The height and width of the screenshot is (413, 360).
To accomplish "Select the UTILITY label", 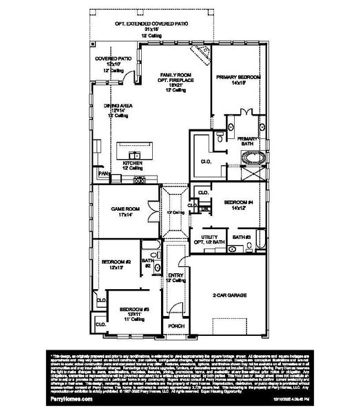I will [x=210, y=237].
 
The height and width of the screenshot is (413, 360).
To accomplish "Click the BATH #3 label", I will [x=241, y=237].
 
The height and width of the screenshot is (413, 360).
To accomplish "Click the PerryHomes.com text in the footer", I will [x=65, y=399].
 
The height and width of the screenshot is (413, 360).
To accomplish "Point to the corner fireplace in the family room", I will [x=200, y=52].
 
